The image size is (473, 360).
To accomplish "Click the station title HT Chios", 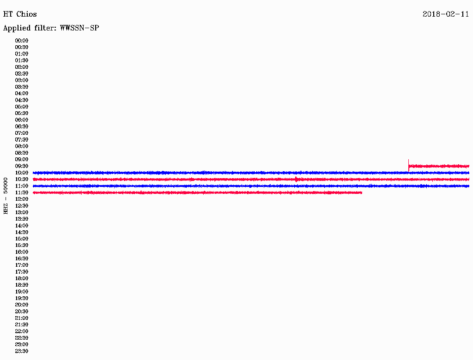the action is click(20, 14).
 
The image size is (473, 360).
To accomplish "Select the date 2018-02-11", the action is click(446, 14).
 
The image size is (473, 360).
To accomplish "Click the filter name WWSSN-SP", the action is click(79, 28).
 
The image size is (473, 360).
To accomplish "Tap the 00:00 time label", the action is click(22, 41).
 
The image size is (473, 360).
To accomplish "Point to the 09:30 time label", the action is click(22, 166).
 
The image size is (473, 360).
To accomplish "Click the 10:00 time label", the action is click(22, 173).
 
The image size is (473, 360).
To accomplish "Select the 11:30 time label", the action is click(22, 192).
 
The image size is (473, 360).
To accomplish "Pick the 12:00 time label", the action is click(22, 199).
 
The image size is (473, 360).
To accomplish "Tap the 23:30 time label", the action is click(22, 351).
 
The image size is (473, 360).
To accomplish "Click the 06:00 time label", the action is click(22, 120).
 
